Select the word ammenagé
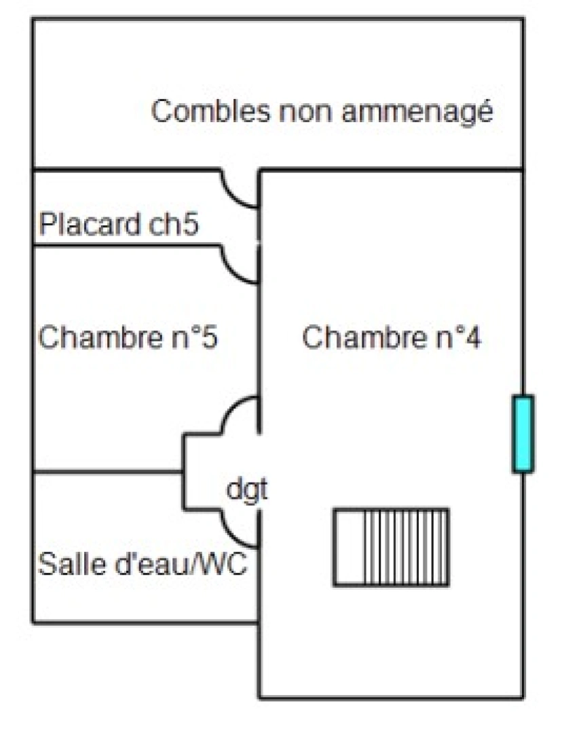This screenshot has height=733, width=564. pos(416,113)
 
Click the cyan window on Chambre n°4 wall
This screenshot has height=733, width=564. pos(523,434)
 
